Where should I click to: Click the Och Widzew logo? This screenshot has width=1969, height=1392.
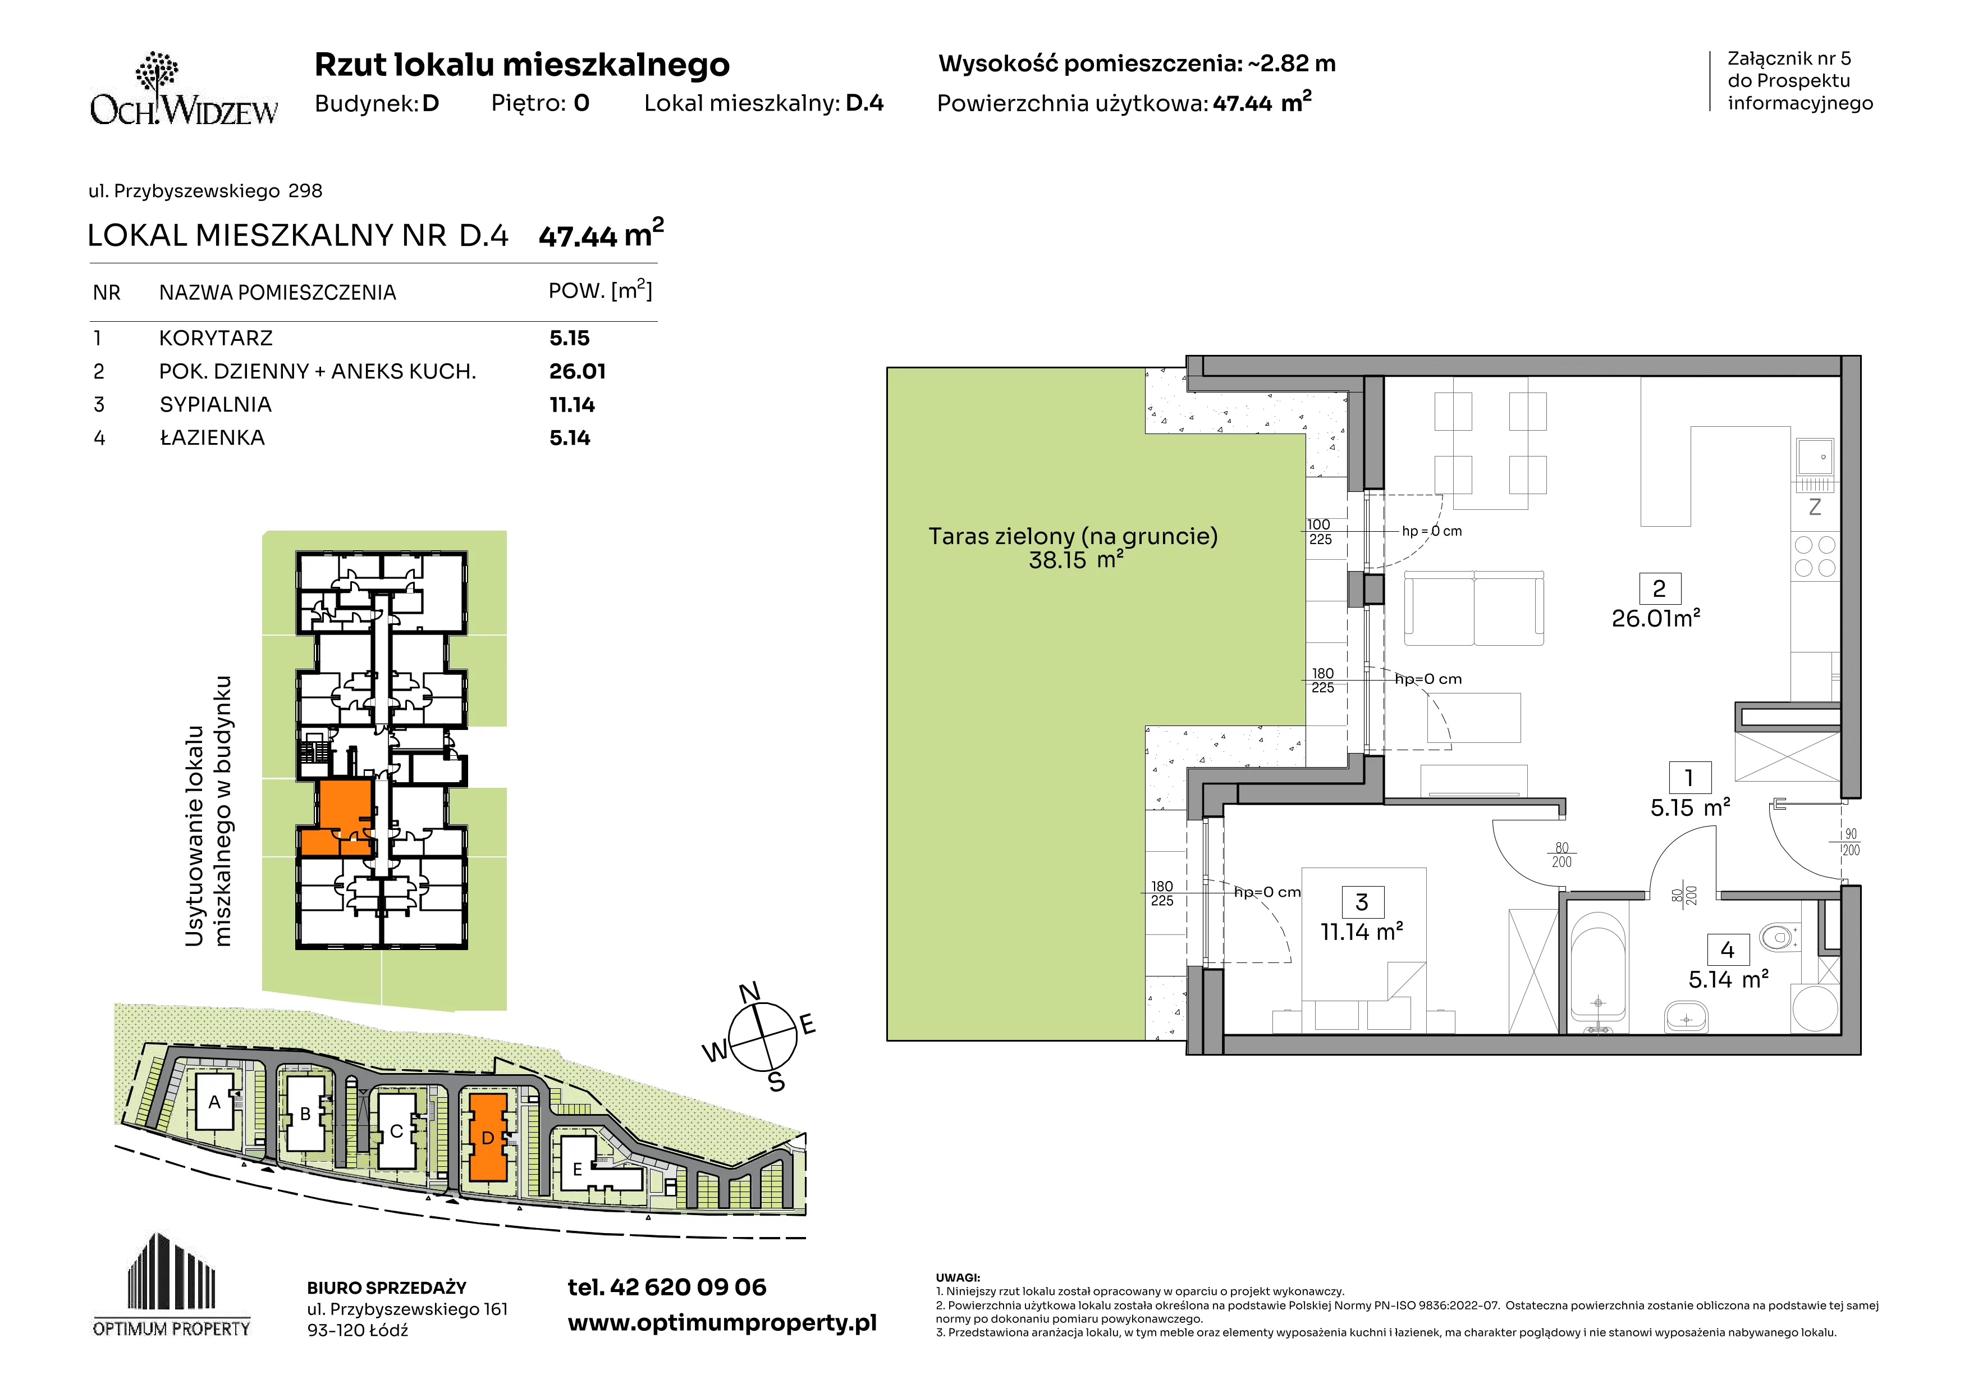point(184,89)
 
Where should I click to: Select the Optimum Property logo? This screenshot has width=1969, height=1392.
point(172,1285)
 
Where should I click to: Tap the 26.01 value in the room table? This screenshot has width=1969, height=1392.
point(577,371)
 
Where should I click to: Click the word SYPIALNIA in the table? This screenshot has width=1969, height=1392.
point(215,405)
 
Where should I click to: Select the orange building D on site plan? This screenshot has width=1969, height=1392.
point(488,1137)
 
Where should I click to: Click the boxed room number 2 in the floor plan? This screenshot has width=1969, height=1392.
point(1659,589)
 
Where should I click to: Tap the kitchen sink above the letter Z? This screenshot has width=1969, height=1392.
point(1816,458)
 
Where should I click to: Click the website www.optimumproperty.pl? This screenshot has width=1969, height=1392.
point(722,1323)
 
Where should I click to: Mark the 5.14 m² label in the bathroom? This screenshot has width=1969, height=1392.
point(1728,979)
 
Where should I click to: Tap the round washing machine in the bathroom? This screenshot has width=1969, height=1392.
point(1815,1008)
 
